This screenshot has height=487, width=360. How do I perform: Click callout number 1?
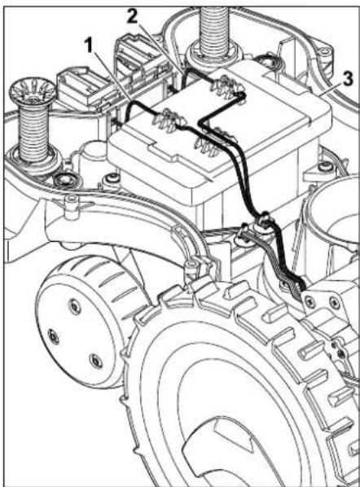[90, 46]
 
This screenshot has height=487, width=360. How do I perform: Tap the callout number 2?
[132, 16]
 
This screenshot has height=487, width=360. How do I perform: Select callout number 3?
[349, 79]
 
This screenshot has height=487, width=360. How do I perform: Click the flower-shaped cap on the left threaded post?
[33, 92]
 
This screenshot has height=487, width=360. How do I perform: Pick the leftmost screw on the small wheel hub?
[54, 336]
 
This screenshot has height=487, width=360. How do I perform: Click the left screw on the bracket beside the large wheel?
[310, 300]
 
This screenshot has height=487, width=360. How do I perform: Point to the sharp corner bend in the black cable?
[200, 122]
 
